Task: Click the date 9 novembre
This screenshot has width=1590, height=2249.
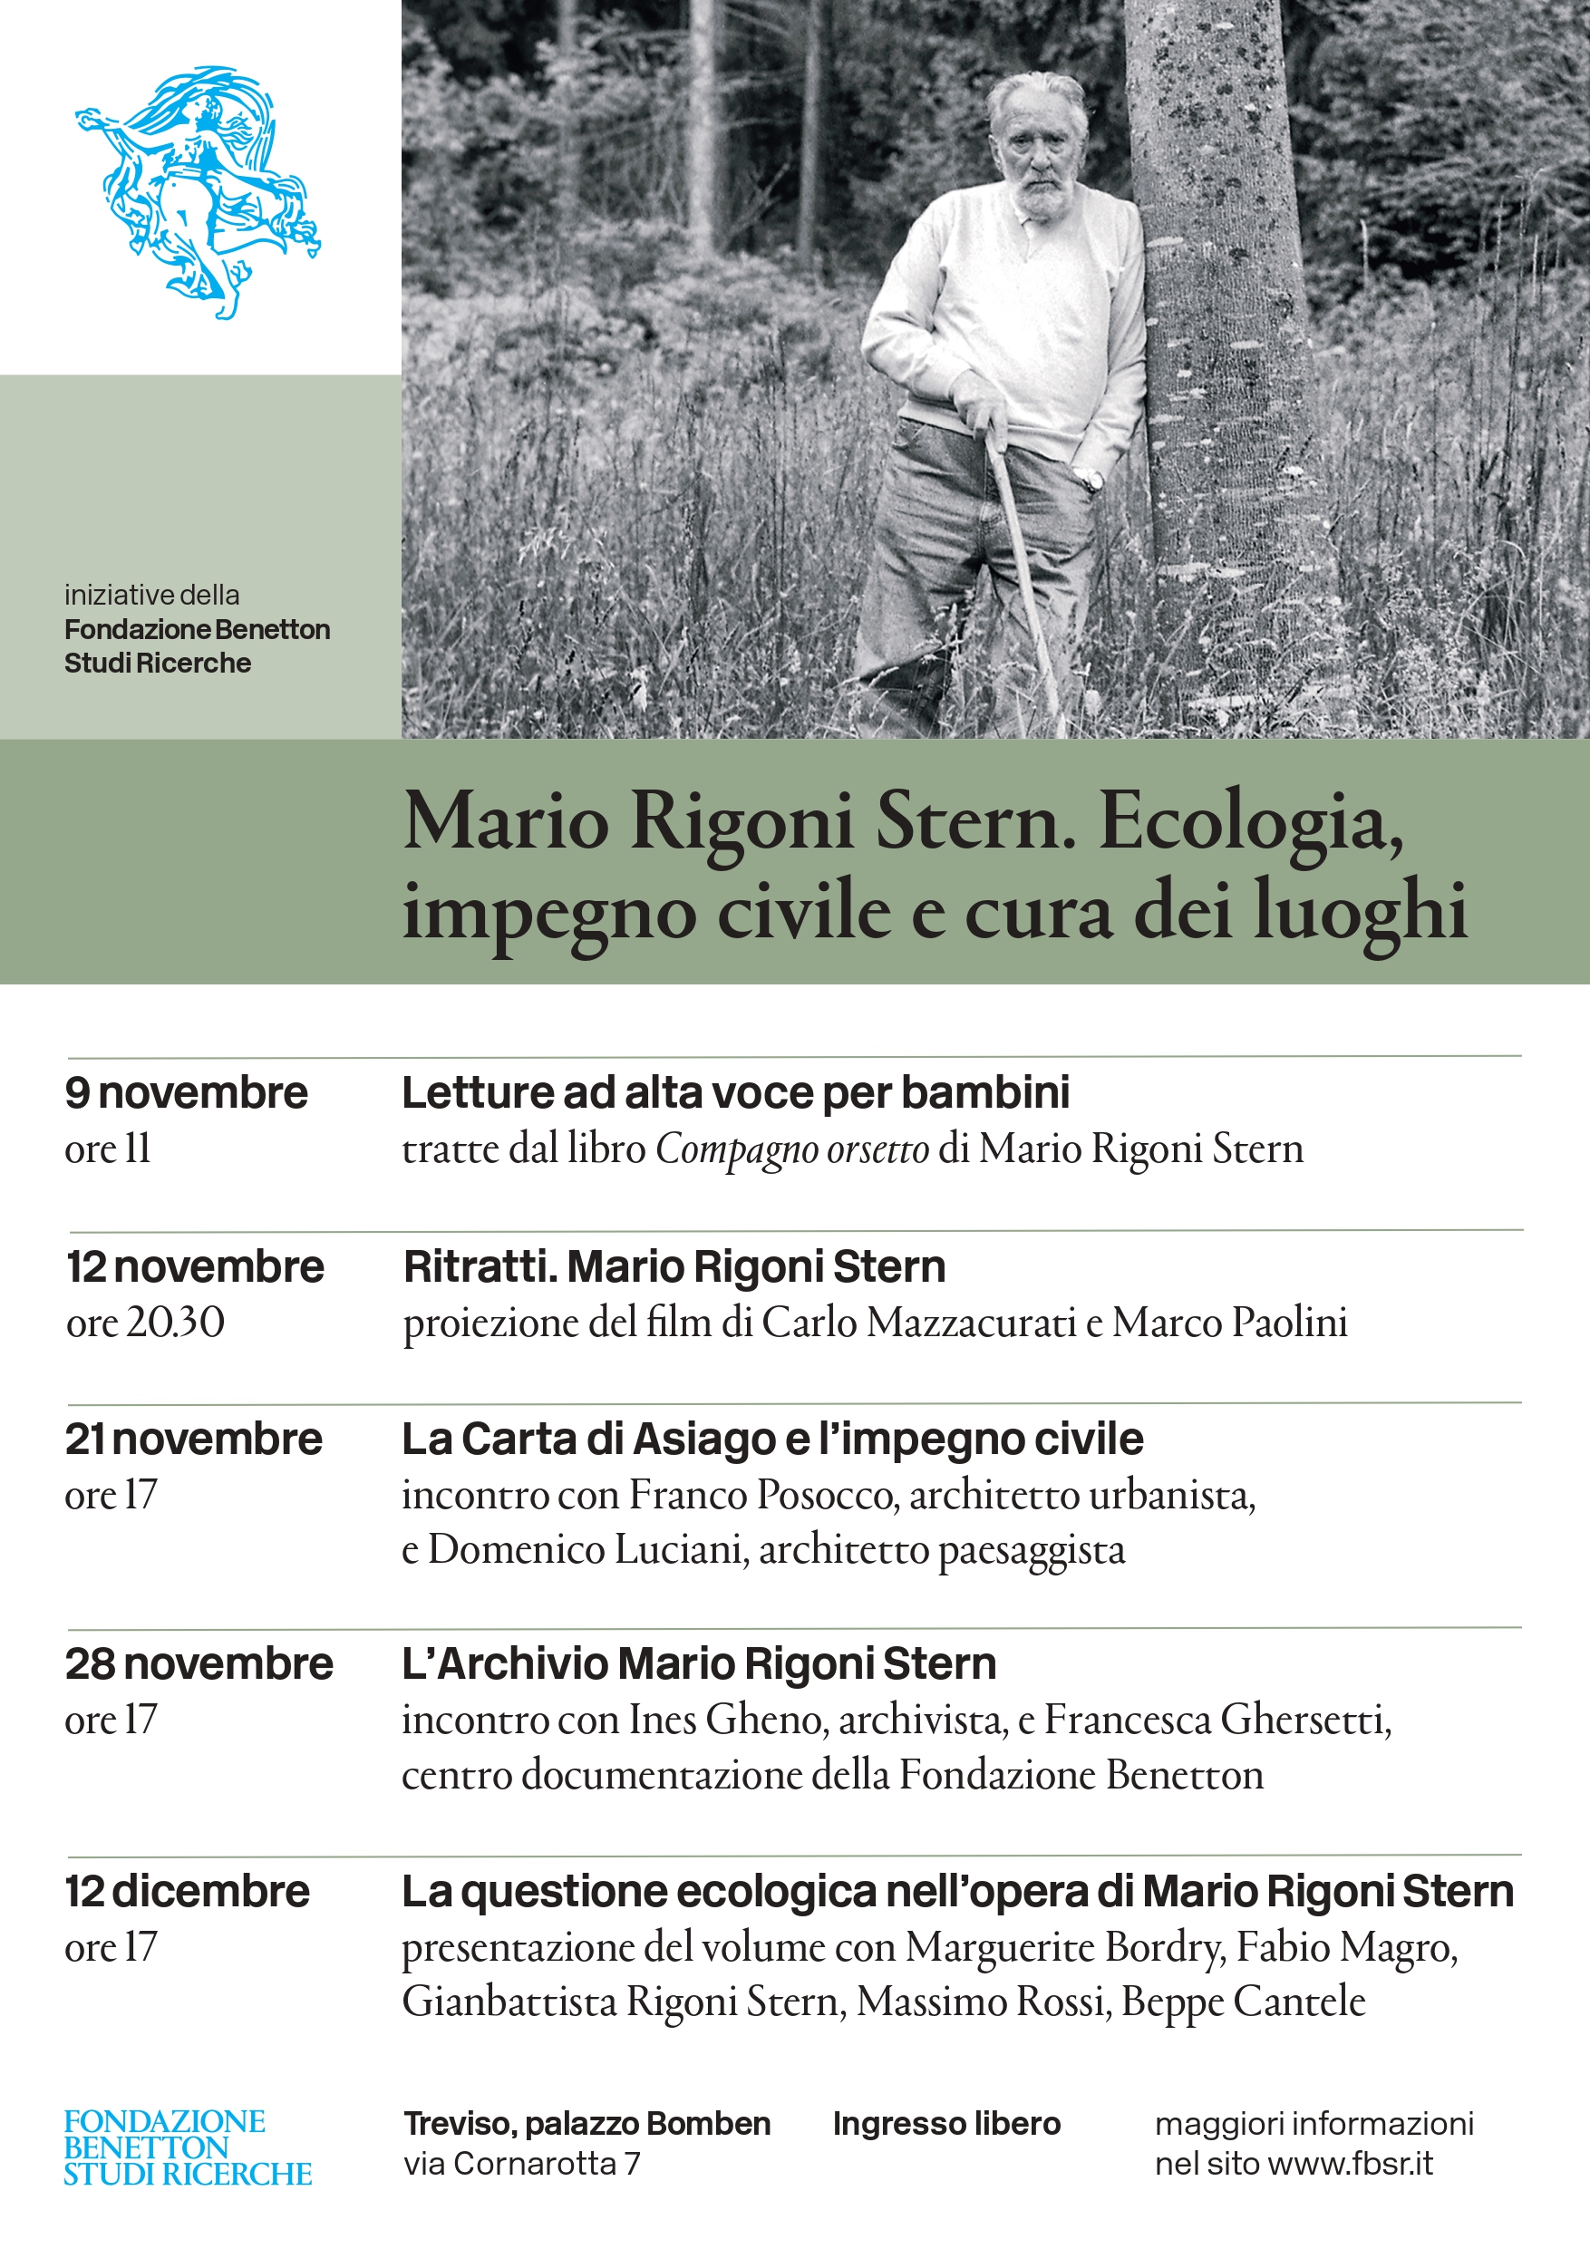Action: (186, 1093)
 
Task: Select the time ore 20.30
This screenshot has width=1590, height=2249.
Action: (145, 1323)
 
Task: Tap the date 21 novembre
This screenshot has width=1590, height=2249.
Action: (193, 1439)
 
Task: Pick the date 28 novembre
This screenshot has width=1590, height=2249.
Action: (199, 1664)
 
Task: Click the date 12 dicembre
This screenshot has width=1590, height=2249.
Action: (187, 1892)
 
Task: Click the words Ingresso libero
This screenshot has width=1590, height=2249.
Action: (946, 2124)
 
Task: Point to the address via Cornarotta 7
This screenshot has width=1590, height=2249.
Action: (521, 2163)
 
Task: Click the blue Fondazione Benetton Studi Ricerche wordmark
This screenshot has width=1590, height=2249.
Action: (187, 2147)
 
